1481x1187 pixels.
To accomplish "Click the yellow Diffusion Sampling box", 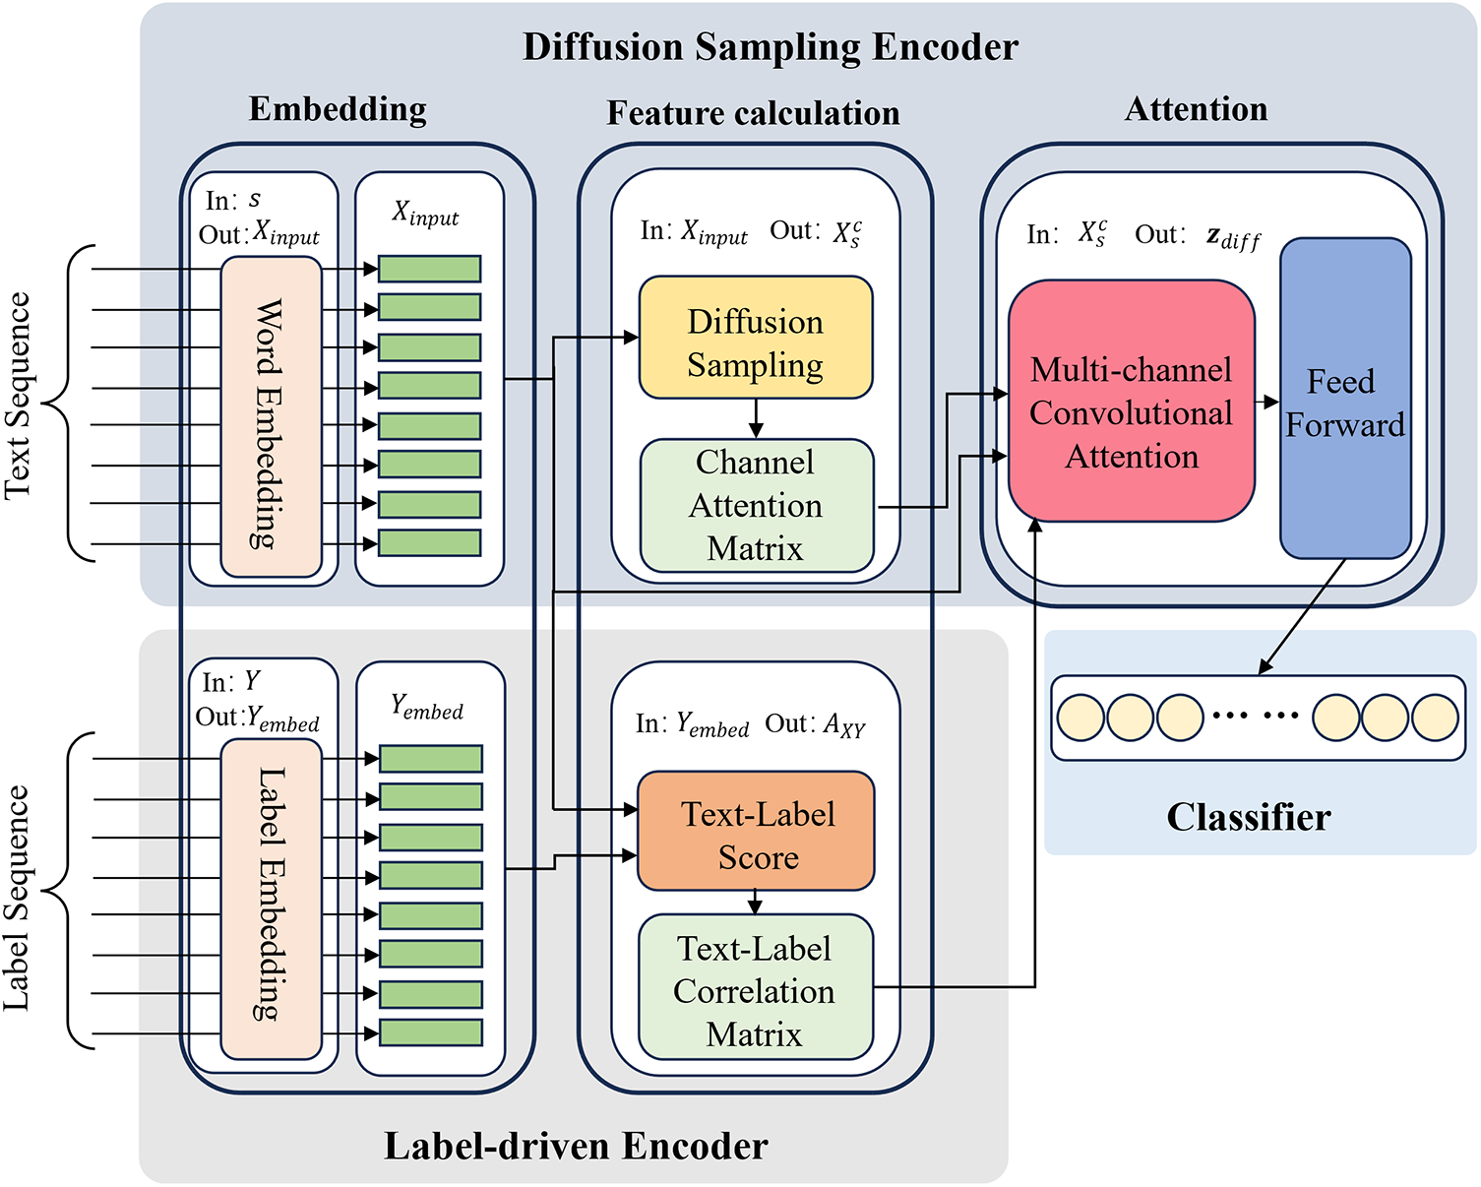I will click(x=756, y=338).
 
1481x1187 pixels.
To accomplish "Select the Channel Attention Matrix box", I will click(x=756, y=505).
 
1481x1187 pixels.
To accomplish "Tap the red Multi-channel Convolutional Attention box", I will click(x=1131, y=402).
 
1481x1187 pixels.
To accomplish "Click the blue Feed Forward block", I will click(x=1344, y=399).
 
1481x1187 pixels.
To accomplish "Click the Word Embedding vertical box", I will click(x=271, y=416).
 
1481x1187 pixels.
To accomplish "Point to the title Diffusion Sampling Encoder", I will click(x=770, y=47).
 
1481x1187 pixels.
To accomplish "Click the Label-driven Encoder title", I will click(x=576, y=1146).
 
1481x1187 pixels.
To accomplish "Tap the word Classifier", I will click(x=1248, y=817).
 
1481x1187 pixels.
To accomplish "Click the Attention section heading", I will click(x=1196, y=109).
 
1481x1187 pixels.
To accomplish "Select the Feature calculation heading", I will click(x=753, y=113).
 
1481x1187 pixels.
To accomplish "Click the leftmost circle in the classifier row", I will click(x=1080, y=718).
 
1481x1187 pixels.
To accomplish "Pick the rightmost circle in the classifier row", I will click(x=1435, y=718).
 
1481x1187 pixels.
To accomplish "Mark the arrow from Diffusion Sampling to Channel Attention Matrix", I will click(x=756, y=419).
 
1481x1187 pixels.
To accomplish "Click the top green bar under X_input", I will click(x=429, y=269).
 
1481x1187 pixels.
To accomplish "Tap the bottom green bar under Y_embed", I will click(x=430, y=1032).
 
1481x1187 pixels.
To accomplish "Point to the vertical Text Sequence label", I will click(x=18, y=397).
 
